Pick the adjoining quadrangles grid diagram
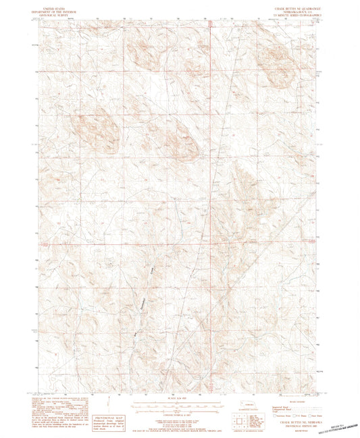coord(238,418)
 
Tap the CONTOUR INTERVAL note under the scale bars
coord(180,414)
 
